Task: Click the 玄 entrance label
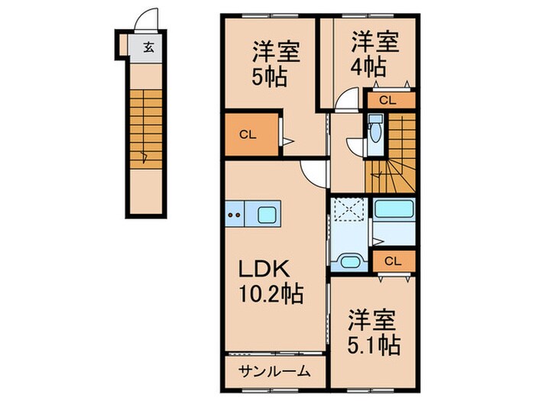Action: pos(148,47)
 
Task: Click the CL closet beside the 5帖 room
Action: pos(248,136)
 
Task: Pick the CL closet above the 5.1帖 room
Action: pos(393,261)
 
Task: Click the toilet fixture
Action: pos(374,133)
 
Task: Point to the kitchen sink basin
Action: pos(267,215)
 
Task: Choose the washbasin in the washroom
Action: pos(349,262)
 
